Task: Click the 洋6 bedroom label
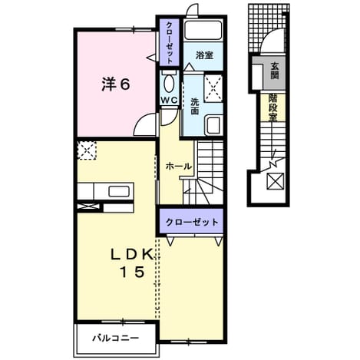click(116, 84)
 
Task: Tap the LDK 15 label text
click(132, 263)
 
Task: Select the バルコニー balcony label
click(116, 339)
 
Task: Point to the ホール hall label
click(178, 167)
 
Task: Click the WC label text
click(170, 101)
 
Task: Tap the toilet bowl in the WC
click(169, 84)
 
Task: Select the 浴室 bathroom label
click(204, 55)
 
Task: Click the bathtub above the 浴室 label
click(203, 30)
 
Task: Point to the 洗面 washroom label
click(195, 107)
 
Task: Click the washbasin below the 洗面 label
click(214, 125)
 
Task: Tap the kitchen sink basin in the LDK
click(119, 191)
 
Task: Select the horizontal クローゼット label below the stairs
click(192, 222)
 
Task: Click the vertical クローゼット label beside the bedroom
click(170, 43)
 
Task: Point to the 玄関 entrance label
click(275, 71)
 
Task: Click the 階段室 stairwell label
click(273, 107)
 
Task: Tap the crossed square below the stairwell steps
click(275, 181)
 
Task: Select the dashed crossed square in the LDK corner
click(87, 150)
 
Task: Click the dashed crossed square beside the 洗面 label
click(213, 88)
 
